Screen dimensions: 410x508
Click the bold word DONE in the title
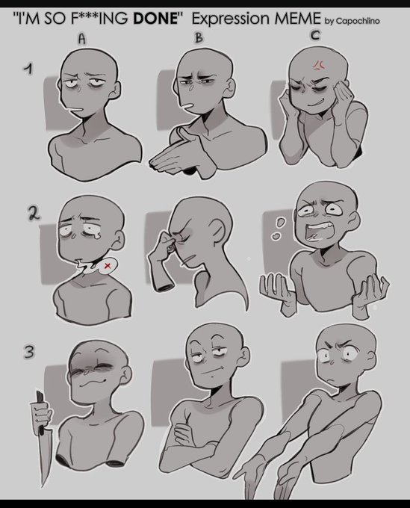pyautogui.click(x=156, y=19)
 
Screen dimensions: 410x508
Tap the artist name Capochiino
pyautogui.click(x=358, y=21)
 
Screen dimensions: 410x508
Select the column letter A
pyautogui.click(x=82, y=39)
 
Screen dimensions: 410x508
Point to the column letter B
pyautogui.click(x=199, y=37)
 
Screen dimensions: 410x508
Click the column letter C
pyautogui.click(x=315, y=35)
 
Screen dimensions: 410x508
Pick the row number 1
pyautogui.click(x=29, y=69)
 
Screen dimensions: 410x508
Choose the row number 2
pyautogui.click(x=34, y=214)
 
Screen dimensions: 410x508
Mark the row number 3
pyautogui.click(x=29, y=351)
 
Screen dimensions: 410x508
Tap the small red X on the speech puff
pyautogui.click(x=108, y=266)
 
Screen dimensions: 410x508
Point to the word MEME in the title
pyautogui.click(x=297, y=19)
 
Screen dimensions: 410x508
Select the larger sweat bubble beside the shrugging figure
pyautogui.click(x=281, y=223)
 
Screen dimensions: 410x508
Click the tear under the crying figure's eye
pyautogui.click(x=89, y=238)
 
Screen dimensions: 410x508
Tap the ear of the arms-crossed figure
pyautogui.click(x=244, y=357)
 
